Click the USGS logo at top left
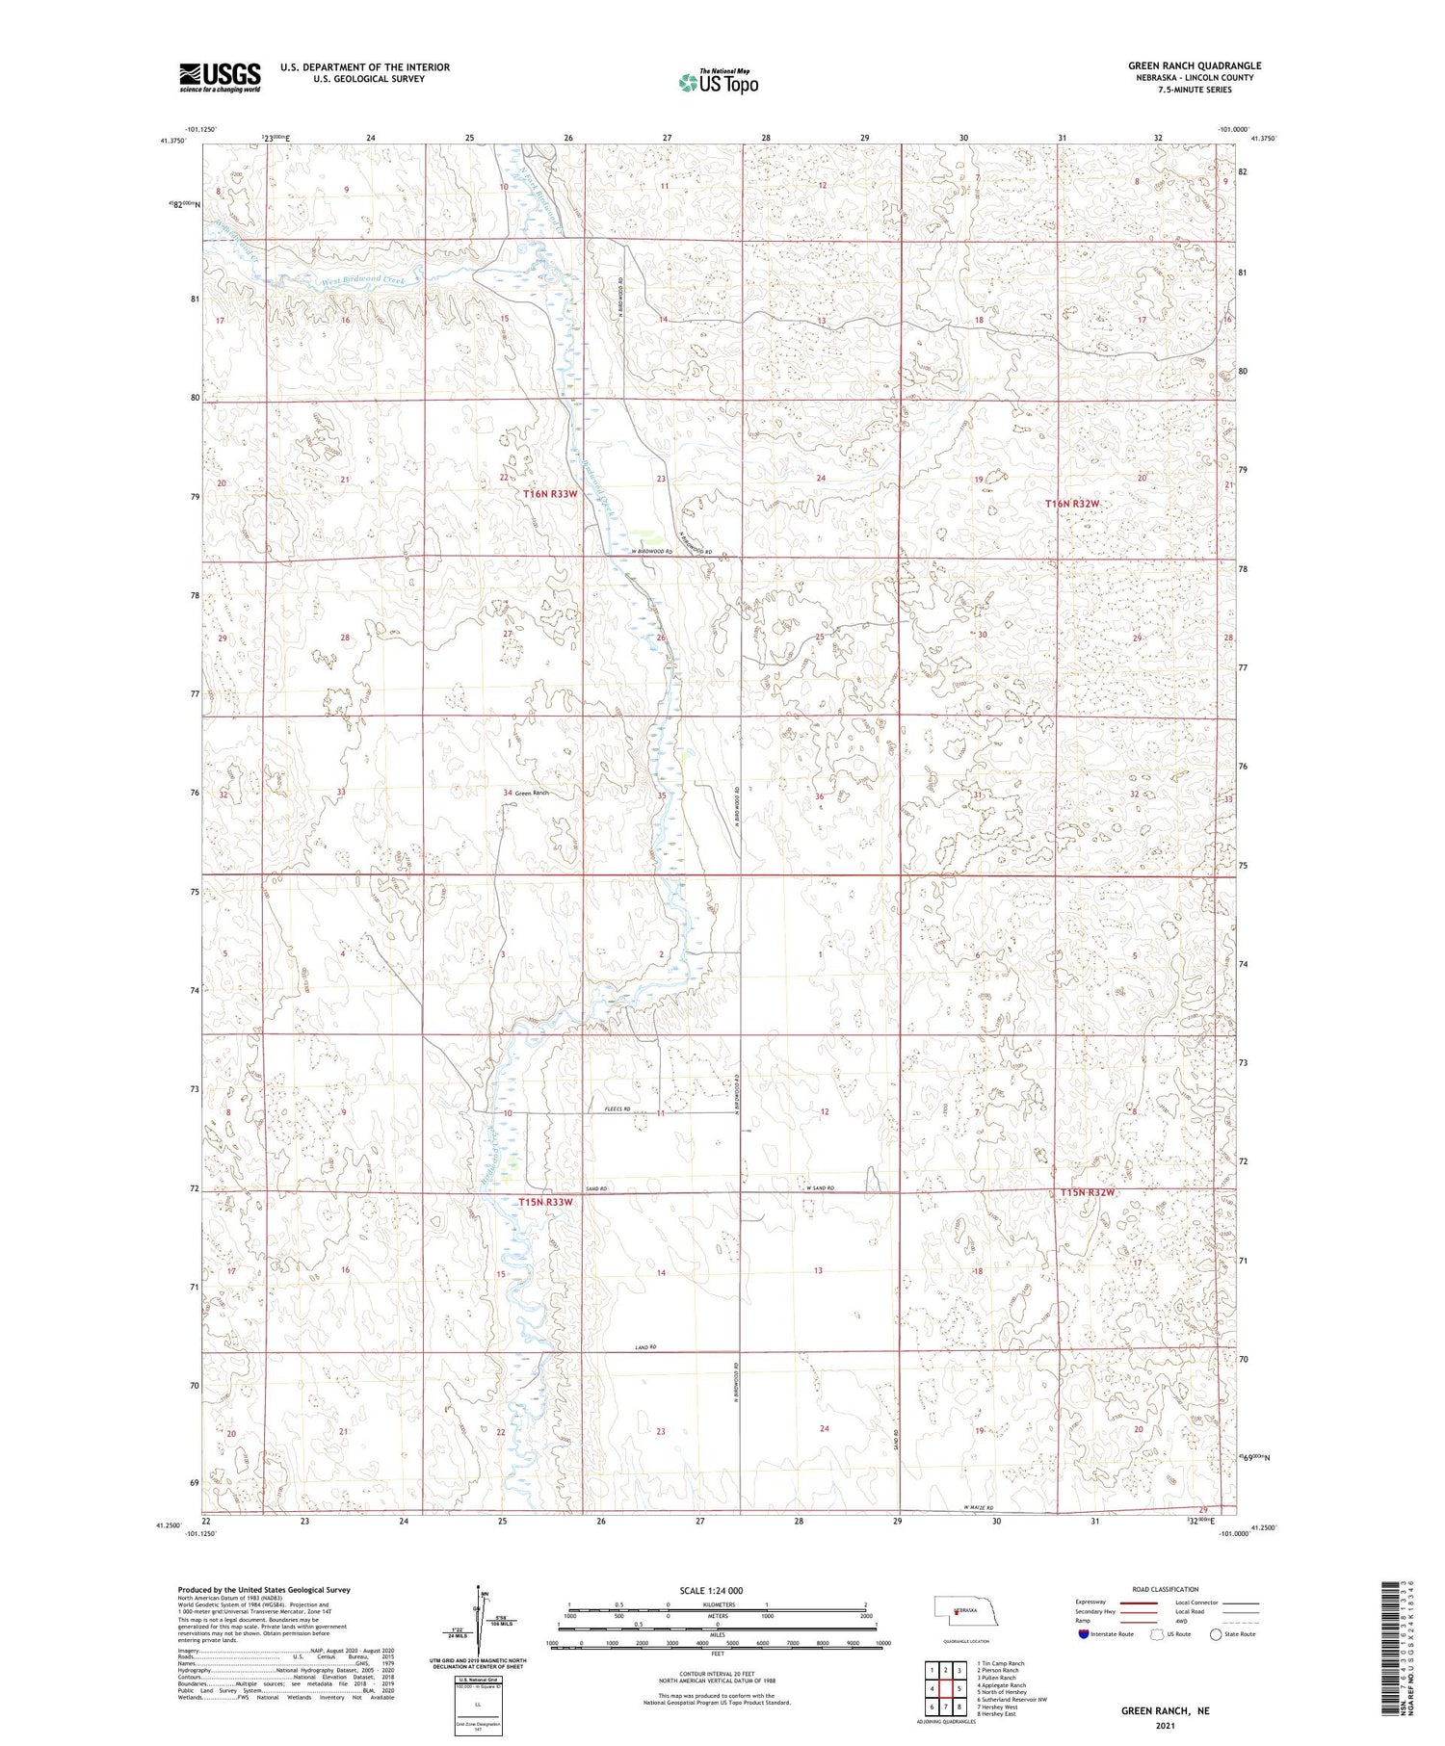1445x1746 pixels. click(220, 77)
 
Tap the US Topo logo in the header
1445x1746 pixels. click(719, 82)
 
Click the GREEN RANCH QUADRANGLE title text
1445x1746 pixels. click(1194, 65)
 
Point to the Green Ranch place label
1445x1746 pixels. click(531, 793)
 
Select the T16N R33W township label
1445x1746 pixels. click(550, 494)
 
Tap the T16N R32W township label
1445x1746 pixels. click(1073, 504)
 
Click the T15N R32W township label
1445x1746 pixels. click(1088, 1192)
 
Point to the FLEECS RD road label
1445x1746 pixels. click(617, 1108)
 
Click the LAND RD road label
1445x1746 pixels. click(645, 1346)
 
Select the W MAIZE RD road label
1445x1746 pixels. click(976, 1508)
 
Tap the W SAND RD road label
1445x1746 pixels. click(820, 1188)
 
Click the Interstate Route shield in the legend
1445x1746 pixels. click(1085, 1634)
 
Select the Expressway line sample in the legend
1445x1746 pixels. click(1139, 1603)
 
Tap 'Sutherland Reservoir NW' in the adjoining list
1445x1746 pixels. click(1011, 1700)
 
